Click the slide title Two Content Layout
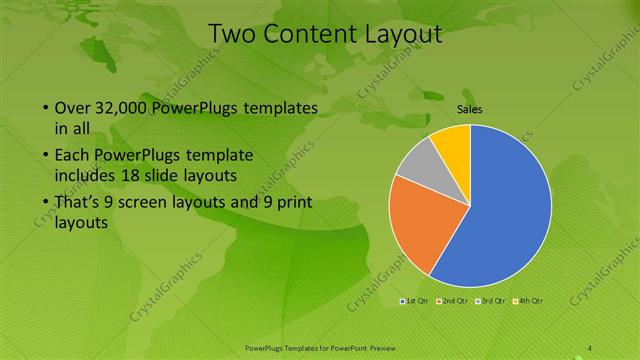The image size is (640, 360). click(324, 34)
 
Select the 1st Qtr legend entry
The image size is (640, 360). click(415, 300)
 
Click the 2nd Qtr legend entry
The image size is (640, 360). click(453, 300)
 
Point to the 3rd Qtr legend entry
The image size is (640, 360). click(491, 300)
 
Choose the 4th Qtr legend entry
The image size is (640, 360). click(529, 300)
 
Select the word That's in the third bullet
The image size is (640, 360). click(80, 203)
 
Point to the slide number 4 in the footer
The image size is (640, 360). click(590, 347)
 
